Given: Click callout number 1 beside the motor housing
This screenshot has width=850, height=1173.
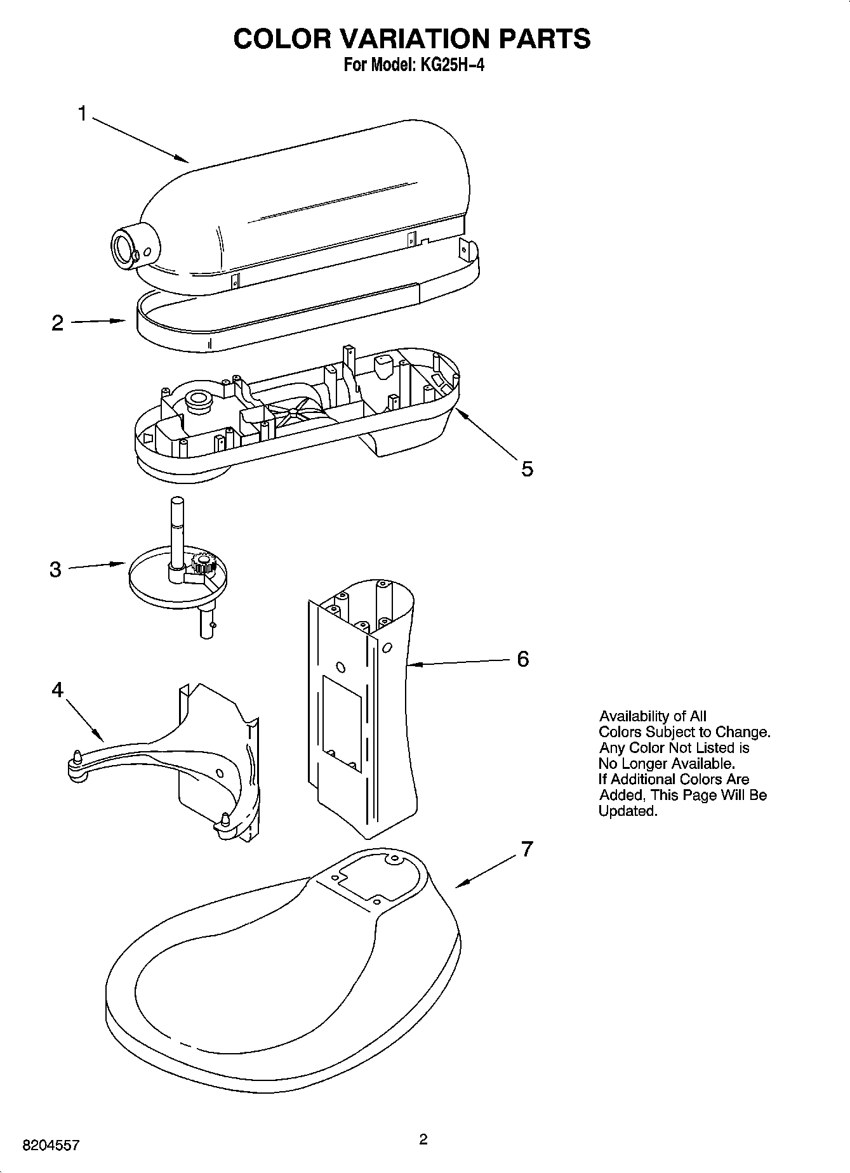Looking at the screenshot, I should click(82, 114).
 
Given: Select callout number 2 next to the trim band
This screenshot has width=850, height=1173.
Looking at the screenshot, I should click(58, 323).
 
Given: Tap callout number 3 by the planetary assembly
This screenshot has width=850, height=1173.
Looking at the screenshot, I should click(56, 569).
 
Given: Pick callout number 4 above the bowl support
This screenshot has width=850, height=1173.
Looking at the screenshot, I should click(58, 690).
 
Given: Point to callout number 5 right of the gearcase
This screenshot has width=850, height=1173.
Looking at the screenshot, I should click(527, 469).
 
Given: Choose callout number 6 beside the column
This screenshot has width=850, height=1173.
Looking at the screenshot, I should click(522, 659).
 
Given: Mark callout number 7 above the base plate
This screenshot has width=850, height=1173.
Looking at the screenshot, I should click(526, 849).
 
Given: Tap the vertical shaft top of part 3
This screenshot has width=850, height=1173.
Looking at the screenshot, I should click(176, 504).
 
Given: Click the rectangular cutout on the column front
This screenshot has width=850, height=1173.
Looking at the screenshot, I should click(342, 723).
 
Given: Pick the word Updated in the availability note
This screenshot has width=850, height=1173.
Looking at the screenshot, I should click(627, 811).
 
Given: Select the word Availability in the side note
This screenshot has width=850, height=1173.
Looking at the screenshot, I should click(635, 716).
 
